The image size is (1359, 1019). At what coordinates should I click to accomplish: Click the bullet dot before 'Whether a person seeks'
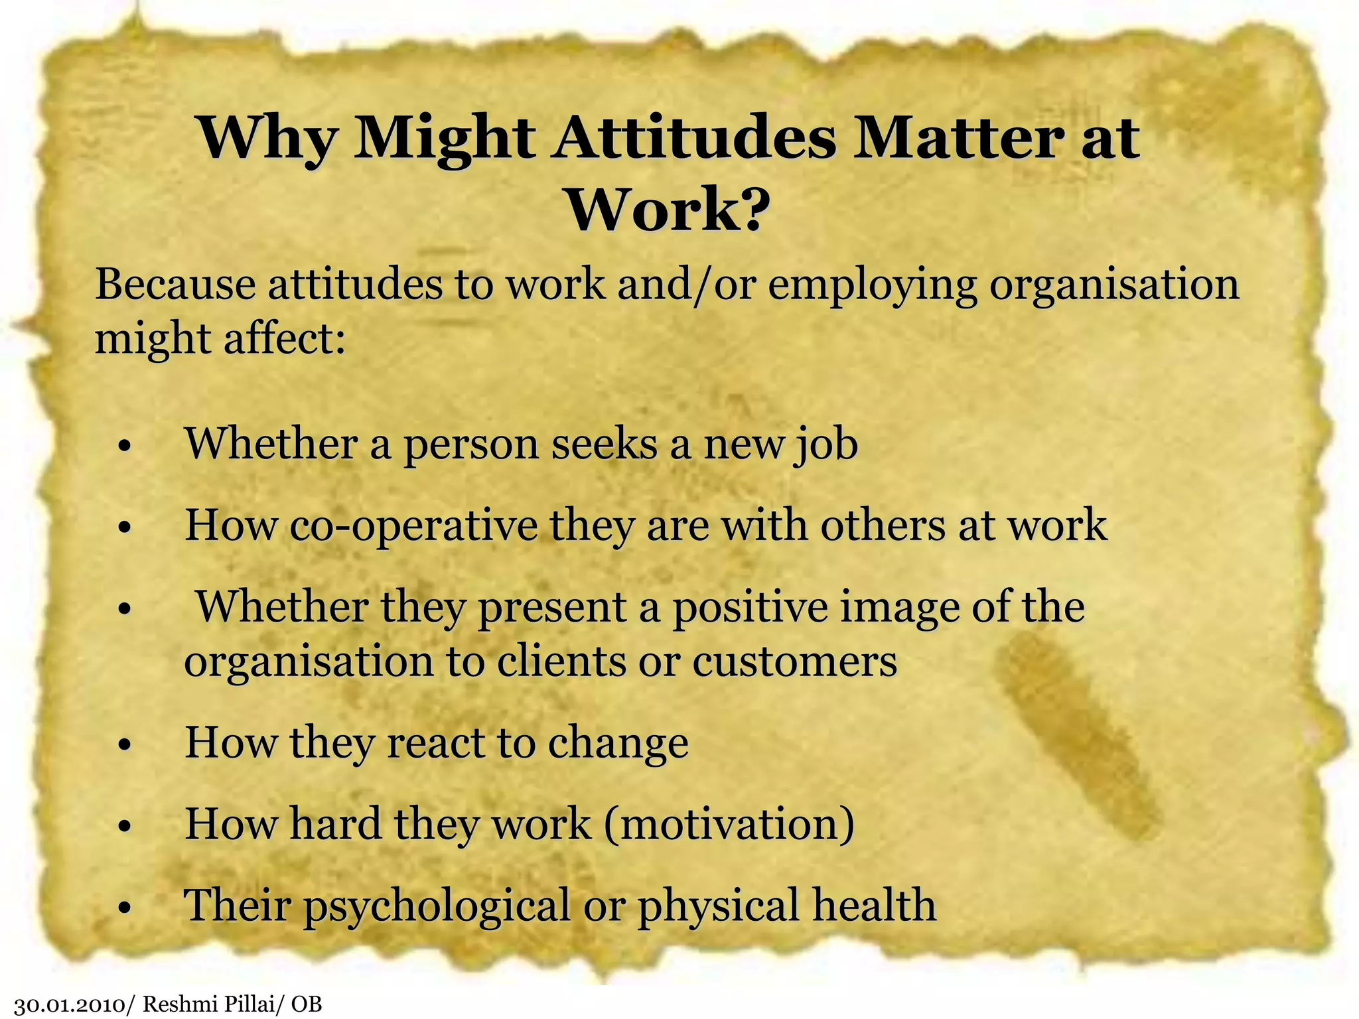click(123, 447)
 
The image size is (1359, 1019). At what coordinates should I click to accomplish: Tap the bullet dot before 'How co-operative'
click(123, 529)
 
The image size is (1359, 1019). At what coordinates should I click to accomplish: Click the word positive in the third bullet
click(751, 608)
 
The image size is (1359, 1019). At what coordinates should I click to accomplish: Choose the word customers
click(794, 662)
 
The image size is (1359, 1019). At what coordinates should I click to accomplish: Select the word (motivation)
click(729, 825)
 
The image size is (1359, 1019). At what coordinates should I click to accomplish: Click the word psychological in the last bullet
click(437, 907)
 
